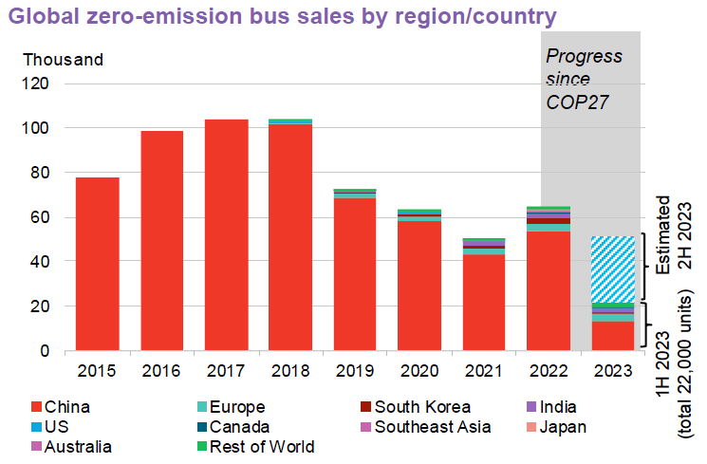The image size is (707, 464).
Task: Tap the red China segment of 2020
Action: (x=419, y=286)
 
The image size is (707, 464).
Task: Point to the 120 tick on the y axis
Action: (x=47, y=84)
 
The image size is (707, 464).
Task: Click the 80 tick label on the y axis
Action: (x=44, y=173)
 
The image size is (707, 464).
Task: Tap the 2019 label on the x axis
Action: (x=355, y=369)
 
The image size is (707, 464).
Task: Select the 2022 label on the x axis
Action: (x=548, y=369)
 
